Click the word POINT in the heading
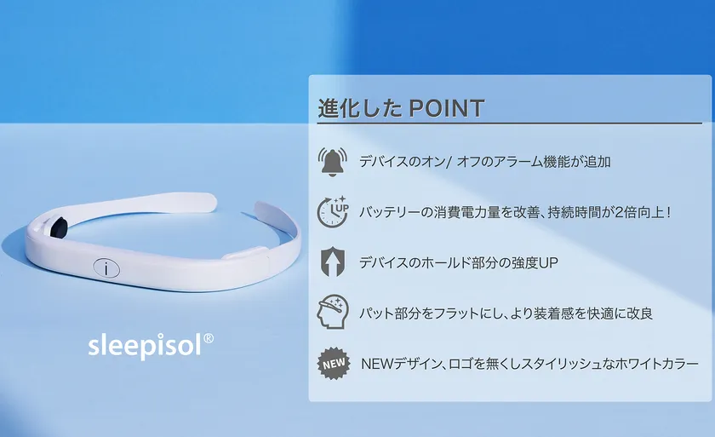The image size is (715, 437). pyautogui.click(x=446, y=108)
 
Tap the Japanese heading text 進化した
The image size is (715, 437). pyautogui.click(x=360, y=108)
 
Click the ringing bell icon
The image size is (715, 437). pyautogui.click(x=333, y=162)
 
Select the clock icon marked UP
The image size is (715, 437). pyautogui.click(x=333, y=211)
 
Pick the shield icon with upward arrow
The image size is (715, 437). pyautogui.click(x=333, y=262)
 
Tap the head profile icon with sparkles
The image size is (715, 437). pyautogui.click(x=333, y=312)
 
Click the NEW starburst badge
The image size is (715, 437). pyautogui.click(x=335, y=364)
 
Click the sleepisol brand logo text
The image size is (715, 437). pyautogui.click(x=145, y=346)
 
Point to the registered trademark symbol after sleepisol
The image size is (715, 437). pyautogui.click(x=209, y=338)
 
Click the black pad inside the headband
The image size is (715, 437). pyautogui.click(x=59, y=226)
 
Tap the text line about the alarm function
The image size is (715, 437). pyautogui.click(x=484, y=162)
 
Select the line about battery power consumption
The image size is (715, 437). pyautogui.click(x=515, y=212)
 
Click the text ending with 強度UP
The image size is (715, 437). pyautogui.click(x=458, y=262)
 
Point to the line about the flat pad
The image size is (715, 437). pyautogui.click(x=506, y=313)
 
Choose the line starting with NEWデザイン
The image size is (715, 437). pyautogui.click(x=529, y=364)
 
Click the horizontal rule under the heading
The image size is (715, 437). pyautogui.click(x=510, y=124)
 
